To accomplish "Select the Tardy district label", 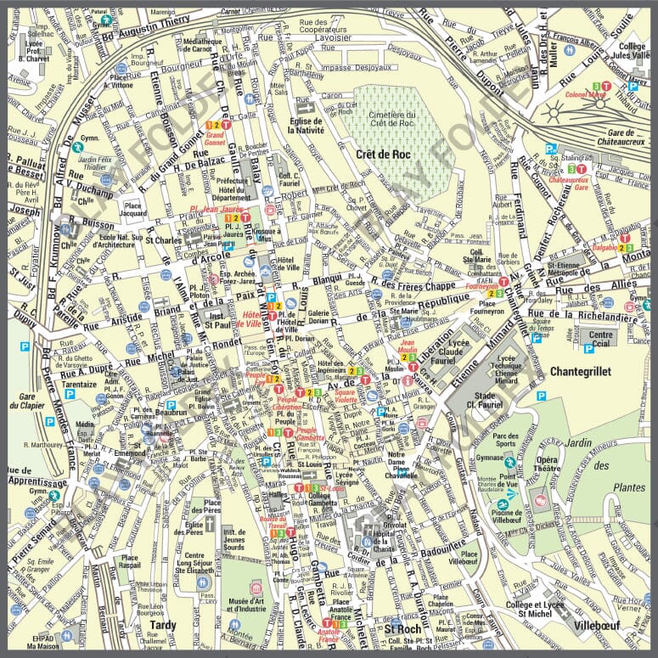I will tap(162, 626).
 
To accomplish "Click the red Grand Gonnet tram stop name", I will tap(215, 139).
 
